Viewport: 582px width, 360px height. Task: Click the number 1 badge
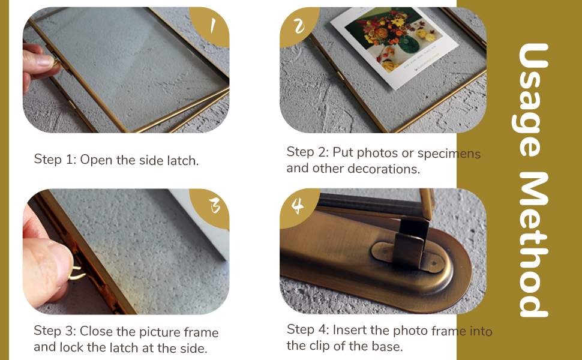pos(211,25)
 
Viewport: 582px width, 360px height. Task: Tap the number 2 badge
pos(298,26)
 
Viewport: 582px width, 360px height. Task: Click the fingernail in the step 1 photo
pos(44,61)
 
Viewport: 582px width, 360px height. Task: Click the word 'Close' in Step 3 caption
pos(94,331)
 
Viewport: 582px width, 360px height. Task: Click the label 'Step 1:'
pos(55,160)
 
